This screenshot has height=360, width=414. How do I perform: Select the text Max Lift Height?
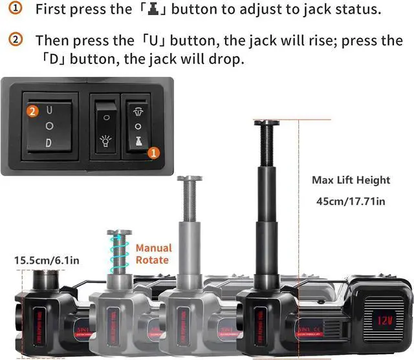[351, 180]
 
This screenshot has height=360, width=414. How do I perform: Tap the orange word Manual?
[153, 248]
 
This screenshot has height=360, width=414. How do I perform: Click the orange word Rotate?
[152, 260]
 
